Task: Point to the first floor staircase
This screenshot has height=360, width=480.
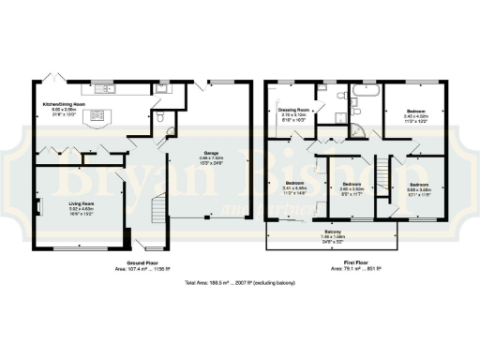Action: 382,174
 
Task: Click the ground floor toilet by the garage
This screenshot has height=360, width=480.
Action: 162,117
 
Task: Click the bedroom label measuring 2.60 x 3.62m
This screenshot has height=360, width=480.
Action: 352,187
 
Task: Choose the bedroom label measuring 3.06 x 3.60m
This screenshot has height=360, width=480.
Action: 417,187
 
